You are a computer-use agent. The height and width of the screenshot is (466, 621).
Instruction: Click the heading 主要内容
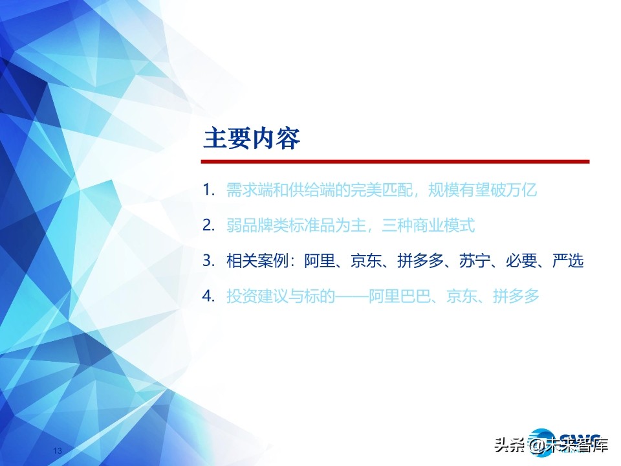coord(252,139)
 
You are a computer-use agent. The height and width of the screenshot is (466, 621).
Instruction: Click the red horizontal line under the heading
coord(395,161)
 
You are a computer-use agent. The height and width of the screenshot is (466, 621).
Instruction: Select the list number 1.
coord(208,190)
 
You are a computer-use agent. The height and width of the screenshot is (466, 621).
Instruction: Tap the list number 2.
coord(208,226)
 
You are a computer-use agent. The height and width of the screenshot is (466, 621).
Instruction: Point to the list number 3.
coord(208,261)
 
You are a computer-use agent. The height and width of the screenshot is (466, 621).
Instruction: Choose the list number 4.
coord(208,297)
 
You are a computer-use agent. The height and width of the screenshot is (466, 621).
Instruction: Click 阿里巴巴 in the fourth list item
coord(400,297)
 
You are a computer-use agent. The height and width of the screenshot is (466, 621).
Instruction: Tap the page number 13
coord(56,450)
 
